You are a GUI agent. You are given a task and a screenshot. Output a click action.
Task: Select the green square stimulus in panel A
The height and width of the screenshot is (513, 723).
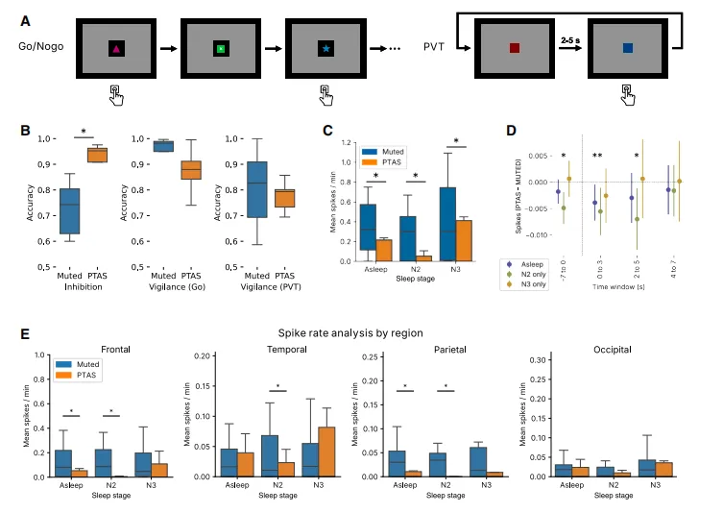click(x=221, y=48)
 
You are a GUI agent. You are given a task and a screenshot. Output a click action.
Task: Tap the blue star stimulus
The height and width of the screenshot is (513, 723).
click(x=326, y=48)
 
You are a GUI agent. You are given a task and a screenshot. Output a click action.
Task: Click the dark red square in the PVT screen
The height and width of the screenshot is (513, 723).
click(x=515, y=48)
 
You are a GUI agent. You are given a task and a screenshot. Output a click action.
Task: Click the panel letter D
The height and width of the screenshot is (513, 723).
click(x=510, y=130)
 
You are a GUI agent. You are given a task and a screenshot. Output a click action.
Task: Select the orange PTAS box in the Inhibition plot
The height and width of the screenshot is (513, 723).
click(x=97, y=155)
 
